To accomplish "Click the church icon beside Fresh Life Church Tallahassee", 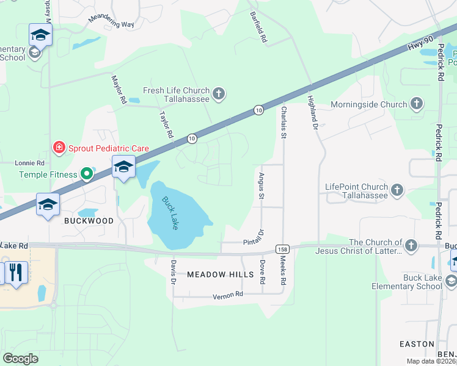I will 219,94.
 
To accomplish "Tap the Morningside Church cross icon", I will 417,104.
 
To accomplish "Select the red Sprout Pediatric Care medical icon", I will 59,148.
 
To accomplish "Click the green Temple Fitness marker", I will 87,174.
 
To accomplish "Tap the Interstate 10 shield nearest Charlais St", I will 259,110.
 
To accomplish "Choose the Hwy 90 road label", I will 420,45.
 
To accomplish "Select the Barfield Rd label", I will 258,29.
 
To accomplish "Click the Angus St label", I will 261,185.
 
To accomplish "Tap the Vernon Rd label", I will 228,295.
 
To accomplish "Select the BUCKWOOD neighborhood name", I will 89,221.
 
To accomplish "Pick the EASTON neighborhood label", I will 417,344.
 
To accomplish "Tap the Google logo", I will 20,359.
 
